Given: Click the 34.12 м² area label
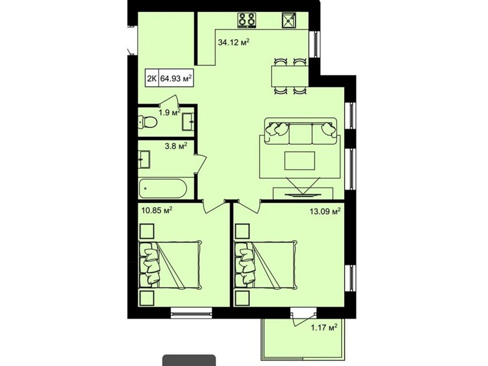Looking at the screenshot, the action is [234, 42].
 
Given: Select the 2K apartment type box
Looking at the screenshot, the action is [152, 78].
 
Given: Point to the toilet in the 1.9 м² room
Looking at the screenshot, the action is [148, 122].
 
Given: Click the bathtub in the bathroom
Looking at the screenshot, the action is [163, 188].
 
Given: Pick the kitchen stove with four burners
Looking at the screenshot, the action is [247, 20].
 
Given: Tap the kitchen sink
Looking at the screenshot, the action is [289, 20].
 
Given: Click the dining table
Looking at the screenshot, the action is [290, 76].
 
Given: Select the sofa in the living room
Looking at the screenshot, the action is [301, 131].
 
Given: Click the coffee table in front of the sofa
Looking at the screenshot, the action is [300, 161].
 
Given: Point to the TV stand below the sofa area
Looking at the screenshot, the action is [303, 193].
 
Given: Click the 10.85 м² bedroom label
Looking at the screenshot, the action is [157, 211].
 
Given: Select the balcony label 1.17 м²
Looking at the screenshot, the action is [324, 328].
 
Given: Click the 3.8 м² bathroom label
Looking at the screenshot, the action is [176, 145].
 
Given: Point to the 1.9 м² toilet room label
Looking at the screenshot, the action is [170, 112].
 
